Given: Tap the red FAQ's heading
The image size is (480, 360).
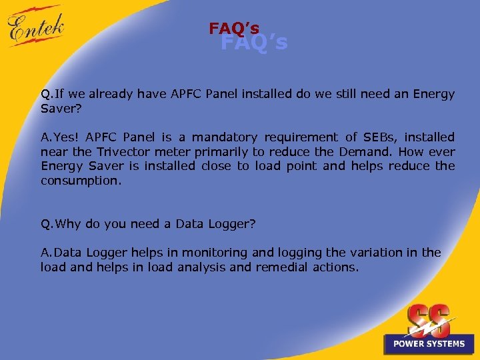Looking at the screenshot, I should click(x=234, y=29).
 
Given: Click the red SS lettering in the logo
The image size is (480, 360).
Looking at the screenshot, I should click(x=429, y=320).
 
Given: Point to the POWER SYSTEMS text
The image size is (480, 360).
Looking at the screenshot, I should click(x=429, y=344).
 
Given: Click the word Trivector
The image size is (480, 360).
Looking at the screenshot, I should click(x=123, y=151).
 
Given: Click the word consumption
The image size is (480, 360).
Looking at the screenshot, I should click(x=81, y=181).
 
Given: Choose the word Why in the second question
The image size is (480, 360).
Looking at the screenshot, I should click(x=68, y=224).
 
